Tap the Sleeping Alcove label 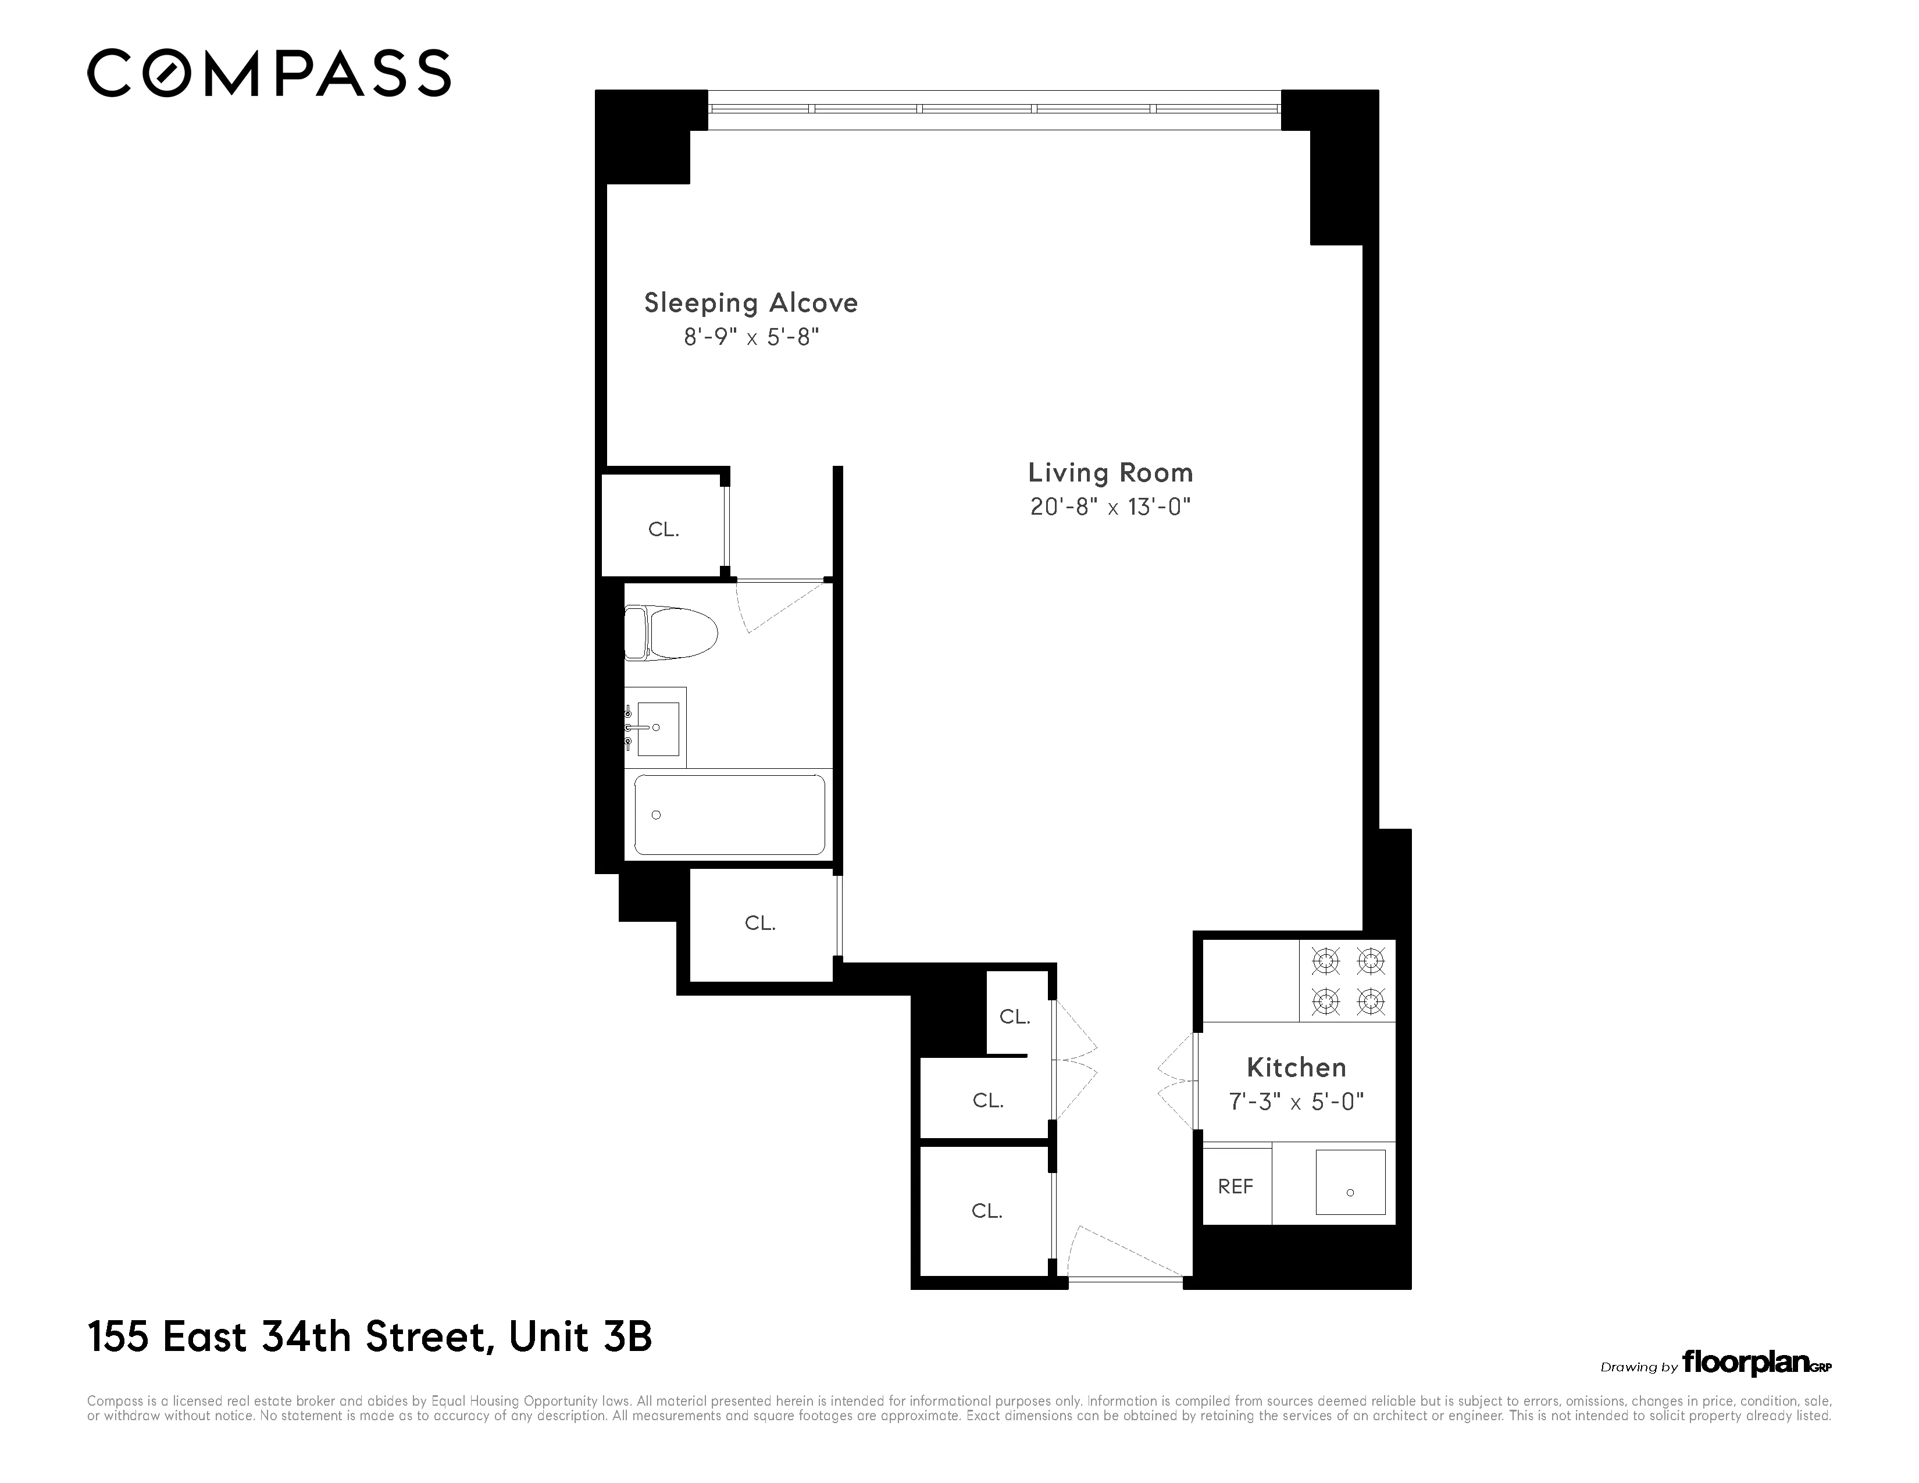tap(750, 303)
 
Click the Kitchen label tap(1296, 1067)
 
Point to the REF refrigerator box tap(1235, 1187)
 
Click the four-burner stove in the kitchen tap(1347, 981)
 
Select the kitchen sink tap(1350, 1182)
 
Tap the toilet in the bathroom tap(670, 633)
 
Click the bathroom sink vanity tap(655, 728)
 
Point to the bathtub tap(729, 814)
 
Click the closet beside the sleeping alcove tap(664, 529)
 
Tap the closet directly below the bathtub tap(760, 924)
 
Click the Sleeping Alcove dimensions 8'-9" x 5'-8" tap(751, 337)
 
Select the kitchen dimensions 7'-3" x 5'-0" tap(1296, 1101)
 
